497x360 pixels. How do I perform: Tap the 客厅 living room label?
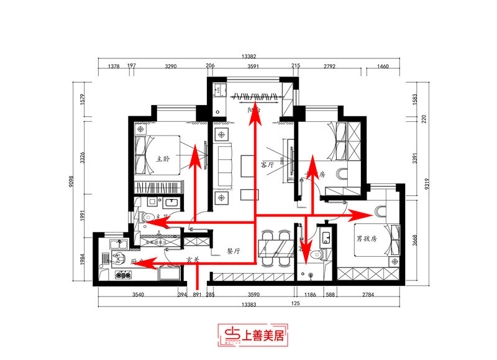267,165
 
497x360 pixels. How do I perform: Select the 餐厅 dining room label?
234,251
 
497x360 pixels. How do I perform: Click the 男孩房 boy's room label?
368,238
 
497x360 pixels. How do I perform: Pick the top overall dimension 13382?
249,57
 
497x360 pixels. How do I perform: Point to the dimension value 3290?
170,65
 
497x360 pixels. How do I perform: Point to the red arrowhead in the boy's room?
360,216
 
